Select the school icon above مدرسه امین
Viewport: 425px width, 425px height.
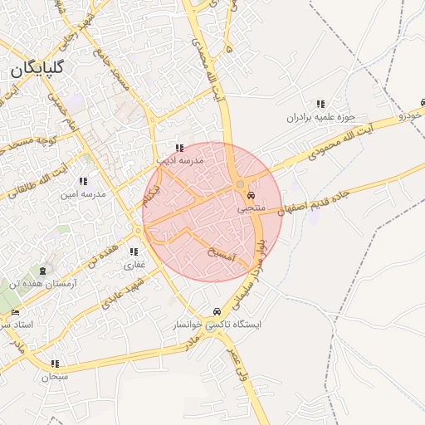pos(82,181)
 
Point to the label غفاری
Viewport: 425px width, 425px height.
pos(134,266)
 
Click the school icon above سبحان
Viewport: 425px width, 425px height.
pos(56,364)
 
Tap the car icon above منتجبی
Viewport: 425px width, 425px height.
pos(251,197)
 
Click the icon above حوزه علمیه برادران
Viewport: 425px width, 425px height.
pos(320,104)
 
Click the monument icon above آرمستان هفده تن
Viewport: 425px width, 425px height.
pos(42,271)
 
